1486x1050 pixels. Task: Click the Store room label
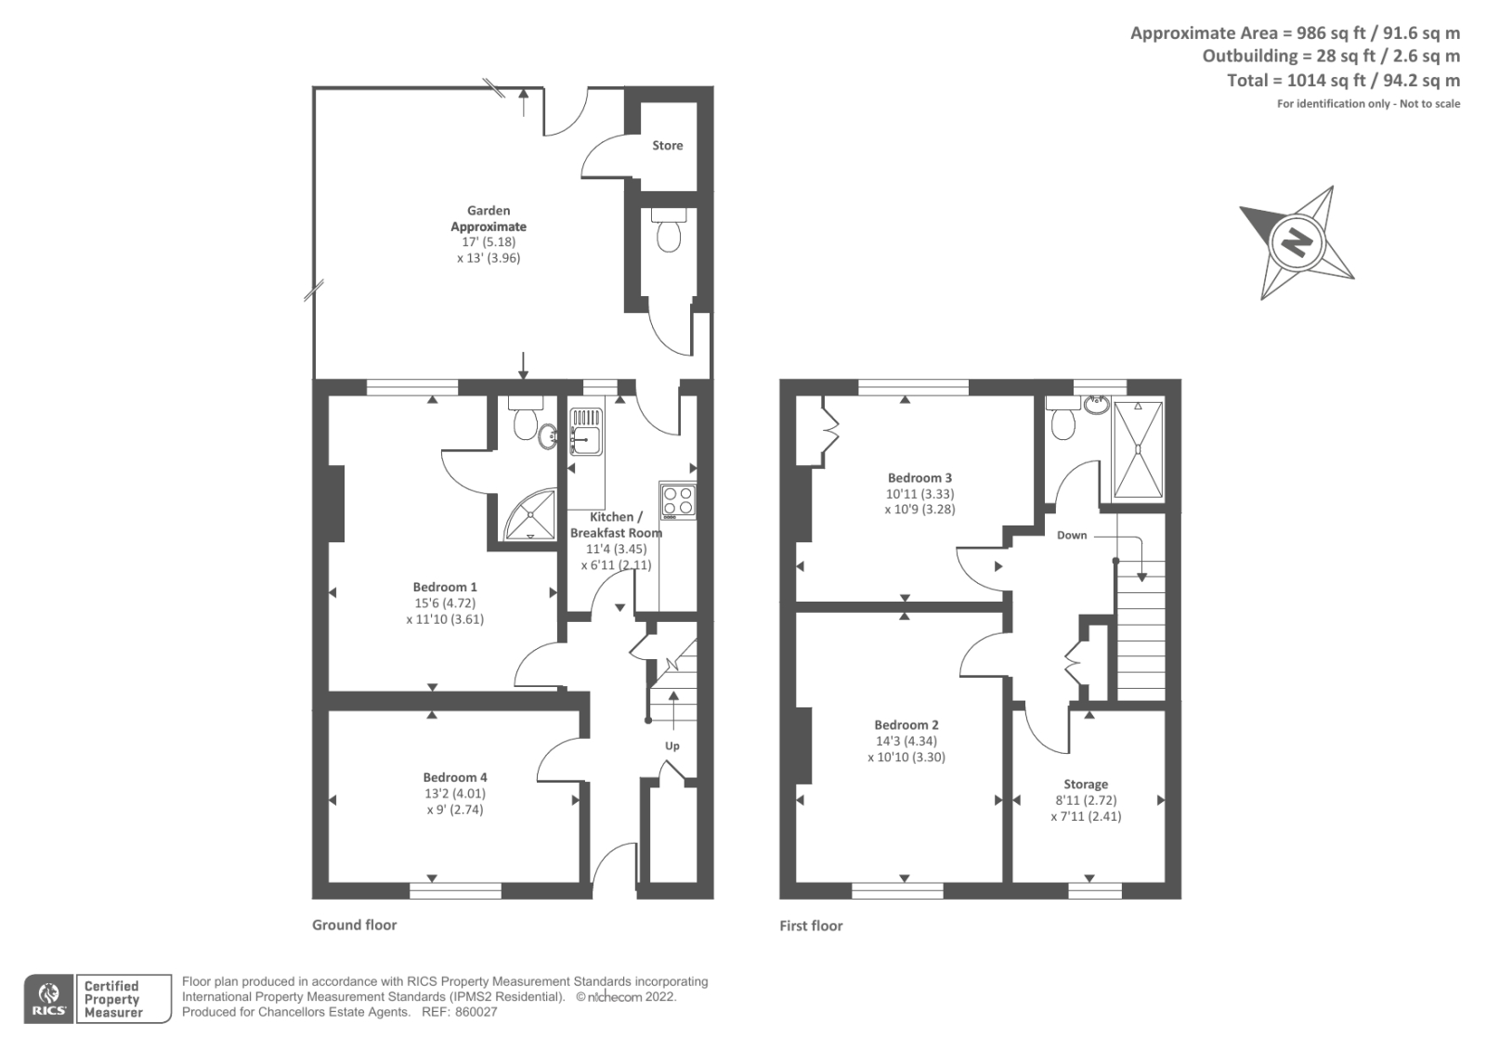click(667, 146)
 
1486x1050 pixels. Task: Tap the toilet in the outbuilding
click(668, 233)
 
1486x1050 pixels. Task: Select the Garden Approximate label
click(489, 218)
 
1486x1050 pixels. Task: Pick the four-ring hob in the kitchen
click(677, 501)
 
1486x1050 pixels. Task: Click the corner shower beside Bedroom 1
click(530, 515)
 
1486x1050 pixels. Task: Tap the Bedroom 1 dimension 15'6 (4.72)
click(445, 603)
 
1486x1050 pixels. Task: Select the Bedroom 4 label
click(454, 777)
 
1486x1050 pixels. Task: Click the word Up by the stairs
click(671, 745)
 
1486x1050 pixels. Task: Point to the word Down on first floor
click(1072, 536)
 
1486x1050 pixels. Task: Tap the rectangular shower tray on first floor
click(1138, 450)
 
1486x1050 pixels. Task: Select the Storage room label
click(1086, 784)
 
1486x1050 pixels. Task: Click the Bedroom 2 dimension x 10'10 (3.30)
click(906, 757)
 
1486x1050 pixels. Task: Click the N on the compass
click(1297, 243)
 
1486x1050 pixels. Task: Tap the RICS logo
click(48, 999)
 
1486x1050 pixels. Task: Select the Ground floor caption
click(354, 925)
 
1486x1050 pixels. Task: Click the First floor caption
click(811, 926)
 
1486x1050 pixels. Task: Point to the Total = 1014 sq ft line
click(1343, 81)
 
